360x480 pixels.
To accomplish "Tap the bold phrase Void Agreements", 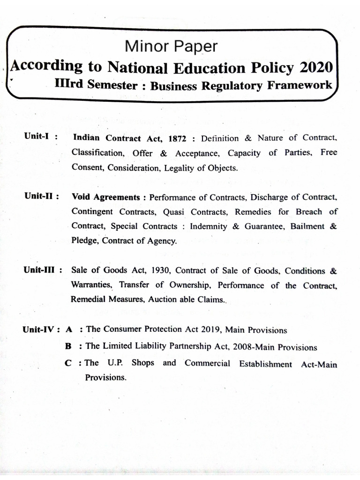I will (x=106, y=197).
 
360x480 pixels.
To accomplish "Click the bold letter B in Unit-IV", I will (x=68, y=346).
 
